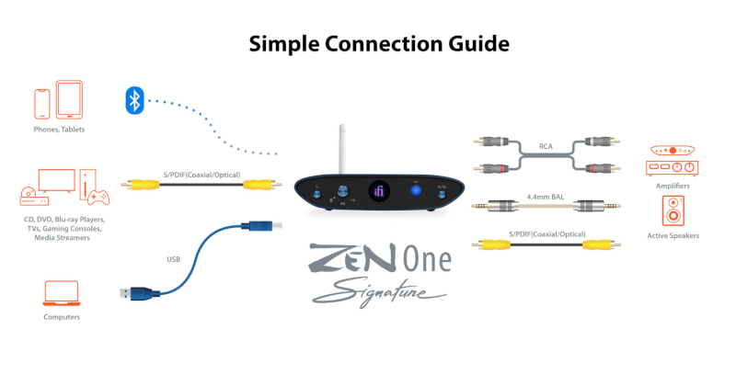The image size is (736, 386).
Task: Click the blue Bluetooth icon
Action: [x=134, y=100]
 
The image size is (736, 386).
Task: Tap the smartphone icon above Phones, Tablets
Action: [x=41, y=104]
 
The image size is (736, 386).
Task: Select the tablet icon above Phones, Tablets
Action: [x=70, y=99]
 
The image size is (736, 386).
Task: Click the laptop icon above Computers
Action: [x=62, y=293]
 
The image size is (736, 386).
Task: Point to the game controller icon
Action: [x=98, y=197]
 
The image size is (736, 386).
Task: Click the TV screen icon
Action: [x=57, y=181]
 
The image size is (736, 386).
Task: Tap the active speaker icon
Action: [x=673, y=211]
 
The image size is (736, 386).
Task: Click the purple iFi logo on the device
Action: [x=379, y=191]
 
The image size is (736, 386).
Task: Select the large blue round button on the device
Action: [x=416, y=191]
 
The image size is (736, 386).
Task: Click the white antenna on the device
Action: [x=342, y=149]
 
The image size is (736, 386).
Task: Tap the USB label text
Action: [x=173, y=259]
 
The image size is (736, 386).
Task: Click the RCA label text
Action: [x=546, y=146]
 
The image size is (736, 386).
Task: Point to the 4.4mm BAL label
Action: [x=546, y=197]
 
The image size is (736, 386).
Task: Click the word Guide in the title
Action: [x=478, y=44]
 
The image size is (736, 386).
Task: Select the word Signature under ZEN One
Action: [x=379, y=291]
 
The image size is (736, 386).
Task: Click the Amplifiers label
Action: [x=673, y=186]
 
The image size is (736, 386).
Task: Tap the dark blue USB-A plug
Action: [x=140, y=293]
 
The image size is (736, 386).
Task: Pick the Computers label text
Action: [x=62, y=317]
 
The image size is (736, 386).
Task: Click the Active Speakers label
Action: [x=673, y=235]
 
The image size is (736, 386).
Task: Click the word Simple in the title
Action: [x=284, y=44]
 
